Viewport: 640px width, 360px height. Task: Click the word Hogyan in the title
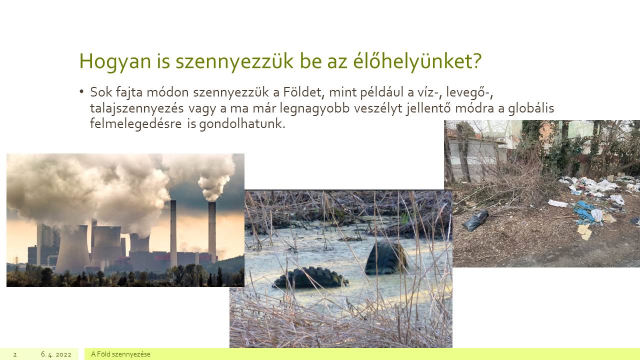point(115,61)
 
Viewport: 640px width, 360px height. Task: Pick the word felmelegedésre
point(135,123)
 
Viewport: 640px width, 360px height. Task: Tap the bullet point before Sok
point(81,92)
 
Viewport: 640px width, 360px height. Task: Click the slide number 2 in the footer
point(15,354)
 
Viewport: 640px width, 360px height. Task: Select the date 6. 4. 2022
point(56,354)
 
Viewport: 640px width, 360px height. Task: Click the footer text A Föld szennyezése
point(120,354)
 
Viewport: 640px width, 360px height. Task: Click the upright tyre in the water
point(386,258)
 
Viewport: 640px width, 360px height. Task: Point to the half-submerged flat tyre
point(311,278)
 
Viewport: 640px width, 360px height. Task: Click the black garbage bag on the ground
point(475,220)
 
